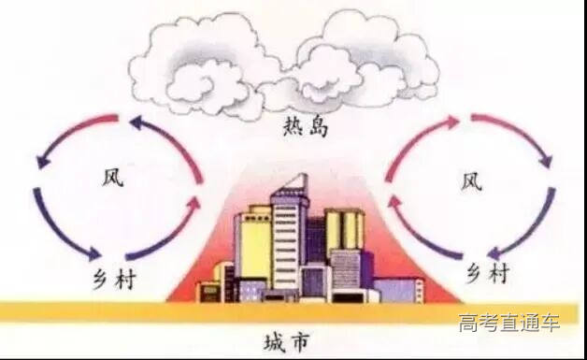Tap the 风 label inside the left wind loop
111,177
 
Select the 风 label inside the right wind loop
471,180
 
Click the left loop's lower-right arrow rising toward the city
164,234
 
